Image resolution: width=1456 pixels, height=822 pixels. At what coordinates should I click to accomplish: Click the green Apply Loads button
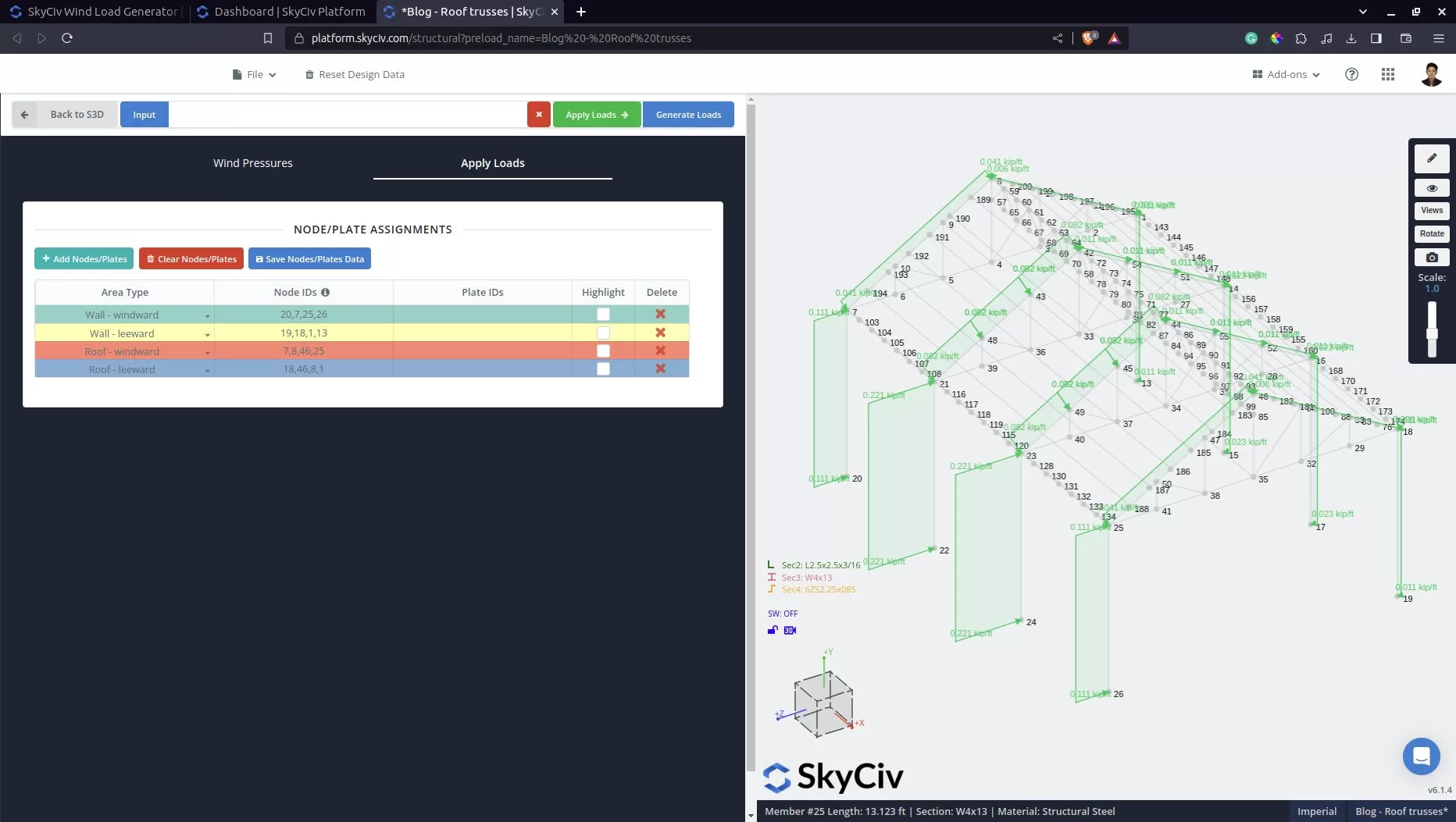click(597, 115)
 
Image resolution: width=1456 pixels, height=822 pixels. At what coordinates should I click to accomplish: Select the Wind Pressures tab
click(252, 163)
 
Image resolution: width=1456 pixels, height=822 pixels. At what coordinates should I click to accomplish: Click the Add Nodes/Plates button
click(84, 259)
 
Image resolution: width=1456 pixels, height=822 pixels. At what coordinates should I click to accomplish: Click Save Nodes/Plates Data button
click(309, 259)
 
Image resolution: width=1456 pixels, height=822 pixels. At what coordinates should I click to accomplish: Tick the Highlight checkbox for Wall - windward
click(603, 315)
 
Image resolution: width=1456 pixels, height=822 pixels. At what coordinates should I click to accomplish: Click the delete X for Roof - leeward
click(661, 369)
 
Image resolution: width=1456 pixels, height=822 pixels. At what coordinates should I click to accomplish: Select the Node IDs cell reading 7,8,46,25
click(304, 351)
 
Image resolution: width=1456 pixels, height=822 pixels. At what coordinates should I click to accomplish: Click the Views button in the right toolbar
click(1431, 211)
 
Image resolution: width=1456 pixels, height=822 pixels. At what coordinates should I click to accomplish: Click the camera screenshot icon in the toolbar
click(1431, 258)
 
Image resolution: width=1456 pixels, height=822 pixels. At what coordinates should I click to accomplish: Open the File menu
click(255, 75)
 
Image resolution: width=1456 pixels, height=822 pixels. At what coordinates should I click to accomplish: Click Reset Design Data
click(355, 75)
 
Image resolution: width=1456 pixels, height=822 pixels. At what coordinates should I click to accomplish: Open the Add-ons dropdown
click(1286, 75)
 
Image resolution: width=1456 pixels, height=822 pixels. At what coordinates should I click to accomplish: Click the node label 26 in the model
click(1119, 694)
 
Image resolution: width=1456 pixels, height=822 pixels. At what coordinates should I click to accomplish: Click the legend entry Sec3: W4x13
click(806, 578)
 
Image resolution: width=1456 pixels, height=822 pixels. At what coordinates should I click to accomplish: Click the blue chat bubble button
click(1421, 756)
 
